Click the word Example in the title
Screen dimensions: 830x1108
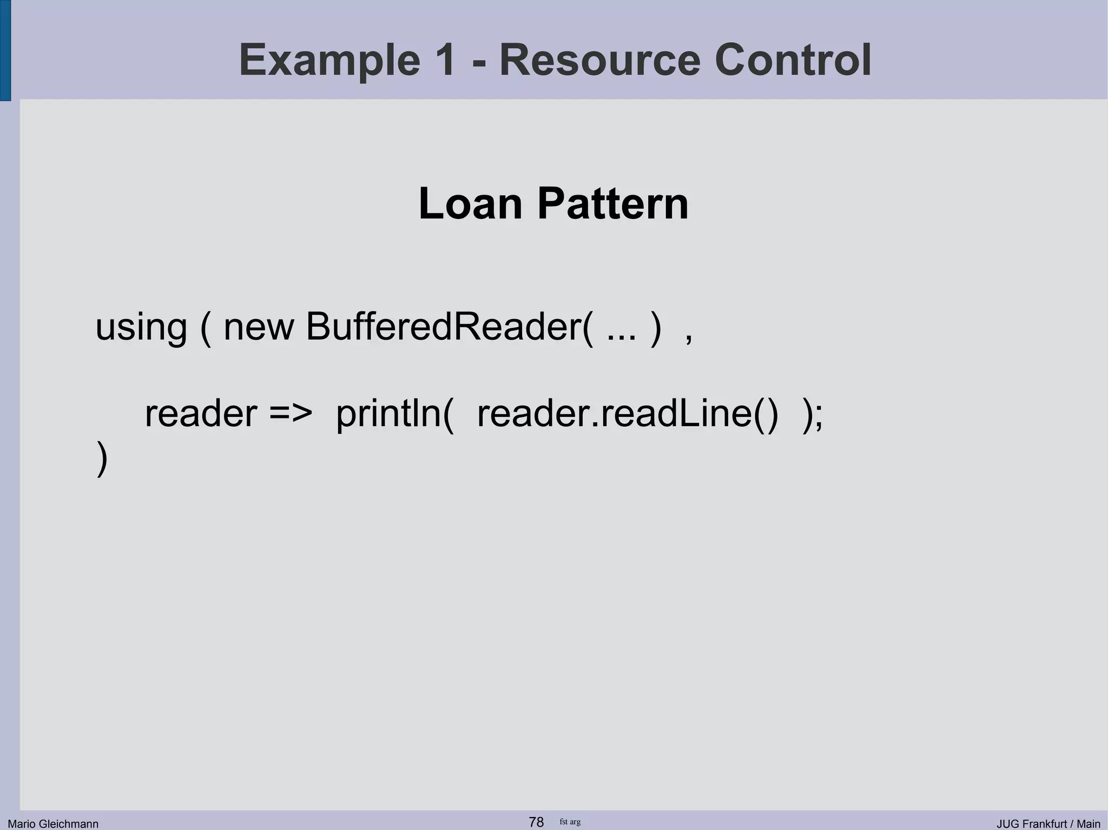329,60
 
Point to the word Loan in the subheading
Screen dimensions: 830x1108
470,204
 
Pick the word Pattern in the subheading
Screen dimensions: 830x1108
612,204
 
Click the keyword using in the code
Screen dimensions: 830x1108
141,328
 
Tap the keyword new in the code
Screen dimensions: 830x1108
259,328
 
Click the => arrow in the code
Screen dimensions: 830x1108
291,414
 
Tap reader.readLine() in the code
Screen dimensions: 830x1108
628,414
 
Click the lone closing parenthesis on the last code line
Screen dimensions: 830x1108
102,459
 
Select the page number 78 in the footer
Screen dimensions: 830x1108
536,822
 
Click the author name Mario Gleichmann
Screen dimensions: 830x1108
53,824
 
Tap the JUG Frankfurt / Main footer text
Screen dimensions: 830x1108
1048,824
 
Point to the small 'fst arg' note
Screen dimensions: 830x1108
570,822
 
